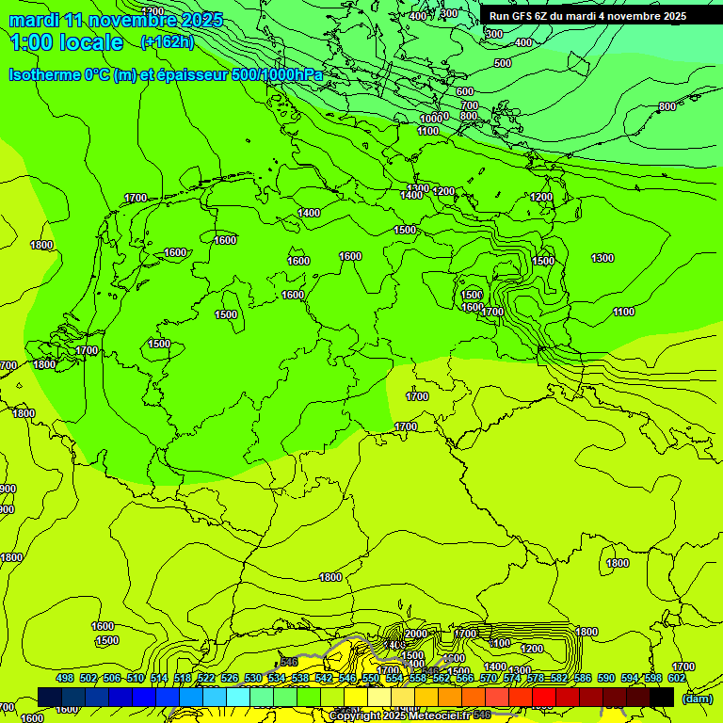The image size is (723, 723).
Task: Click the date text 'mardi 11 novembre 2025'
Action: click(116, 20)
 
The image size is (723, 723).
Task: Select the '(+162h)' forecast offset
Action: click(167, 42)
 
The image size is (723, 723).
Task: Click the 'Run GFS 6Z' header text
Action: click(518, 16)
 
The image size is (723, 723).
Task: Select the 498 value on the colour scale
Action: click(65, 679)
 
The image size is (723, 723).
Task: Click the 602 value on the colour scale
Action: click(676, 679)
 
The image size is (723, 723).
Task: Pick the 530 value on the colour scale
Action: click(253, 679)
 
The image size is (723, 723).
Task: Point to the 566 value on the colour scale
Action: click(464, 679)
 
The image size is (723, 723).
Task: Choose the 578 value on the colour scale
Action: click(535, 679)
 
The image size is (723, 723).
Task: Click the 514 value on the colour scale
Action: click(159, 679)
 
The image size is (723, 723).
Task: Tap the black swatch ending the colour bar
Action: click(662, 697)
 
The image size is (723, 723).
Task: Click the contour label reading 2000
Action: click(415, 634)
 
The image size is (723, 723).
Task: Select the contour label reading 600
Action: click(464, 91)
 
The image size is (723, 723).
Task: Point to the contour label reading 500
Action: click(503, 63)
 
